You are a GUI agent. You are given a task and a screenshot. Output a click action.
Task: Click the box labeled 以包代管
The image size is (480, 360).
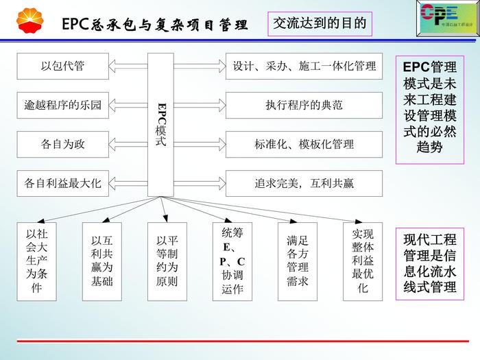coord(62,67)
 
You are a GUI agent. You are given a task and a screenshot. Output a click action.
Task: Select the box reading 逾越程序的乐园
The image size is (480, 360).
coord(62,106)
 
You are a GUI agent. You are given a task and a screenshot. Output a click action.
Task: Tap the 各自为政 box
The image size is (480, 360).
coord(62,144)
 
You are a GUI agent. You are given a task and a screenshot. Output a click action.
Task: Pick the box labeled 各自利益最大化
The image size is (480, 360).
coord(62,183)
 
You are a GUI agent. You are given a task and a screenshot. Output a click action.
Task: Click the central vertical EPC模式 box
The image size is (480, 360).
coord(161,123)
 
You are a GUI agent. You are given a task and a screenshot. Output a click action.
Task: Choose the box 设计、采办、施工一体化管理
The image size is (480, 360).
coord(304,67)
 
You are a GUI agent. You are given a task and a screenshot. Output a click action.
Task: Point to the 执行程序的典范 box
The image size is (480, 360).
coord(304,106)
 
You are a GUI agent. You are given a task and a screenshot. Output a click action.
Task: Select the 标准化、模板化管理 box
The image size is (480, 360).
coord(304,144)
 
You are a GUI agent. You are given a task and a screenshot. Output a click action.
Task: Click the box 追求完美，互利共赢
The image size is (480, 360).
coord(304,183)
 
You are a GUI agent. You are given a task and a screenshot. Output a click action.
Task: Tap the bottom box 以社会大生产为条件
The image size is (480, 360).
coord(36,261)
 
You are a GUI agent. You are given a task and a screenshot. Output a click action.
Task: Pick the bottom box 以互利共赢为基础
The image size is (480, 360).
coord(101,261)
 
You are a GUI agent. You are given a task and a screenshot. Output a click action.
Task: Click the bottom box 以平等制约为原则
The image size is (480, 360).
coord(167,261)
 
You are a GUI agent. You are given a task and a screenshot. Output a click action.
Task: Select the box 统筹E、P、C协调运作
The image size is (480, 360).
coord(232,261)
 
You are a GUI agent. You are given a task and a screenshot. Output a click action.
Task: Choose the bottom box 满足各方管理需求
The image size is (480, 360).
coord(298,261)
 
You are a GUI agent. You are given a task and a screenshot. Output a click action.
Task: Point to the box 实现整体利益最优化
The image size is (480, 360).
coord(363,261)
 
